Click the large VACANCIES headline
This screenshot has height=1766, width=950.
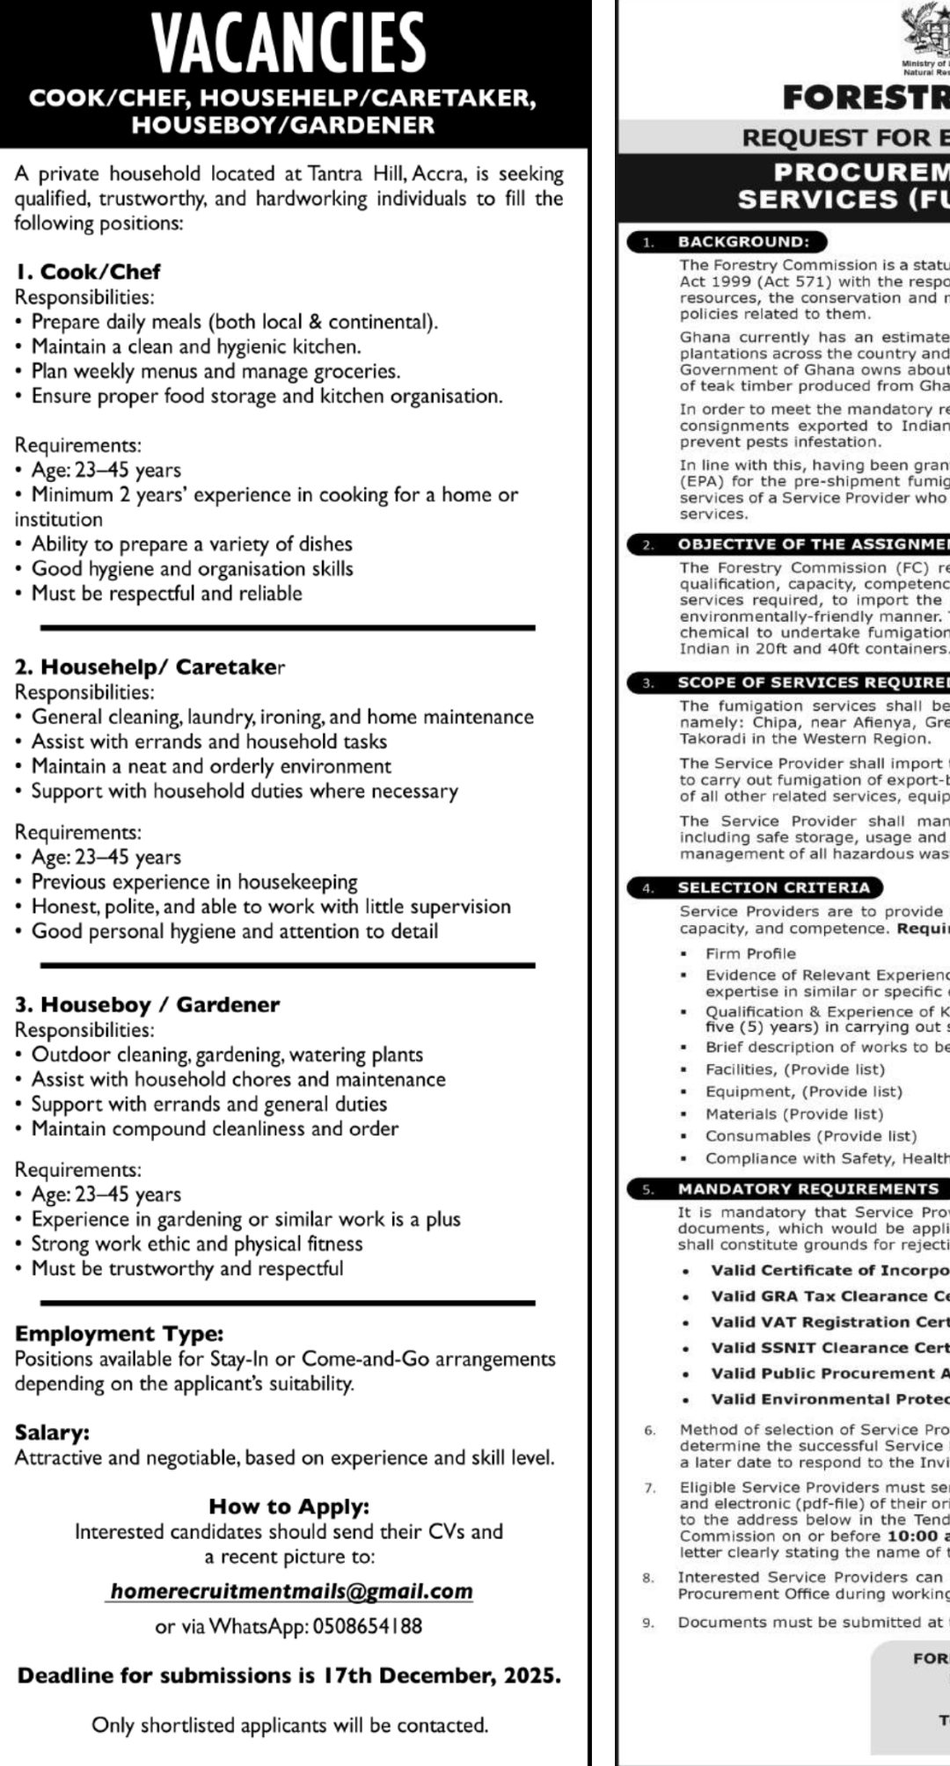coord(289,44)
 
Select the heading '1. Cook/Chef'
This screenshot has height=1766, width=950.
coord(88,272)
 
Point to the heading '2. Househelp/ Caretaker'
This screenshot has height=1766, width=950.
coord(150,667)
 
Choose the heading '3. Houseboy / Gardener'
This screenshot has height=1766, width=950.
coord(147,1004)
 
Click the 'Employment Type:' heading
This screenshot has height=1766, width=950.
coord(120,1334)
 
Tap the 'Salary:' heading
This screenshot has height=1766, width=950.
coord(52,1433)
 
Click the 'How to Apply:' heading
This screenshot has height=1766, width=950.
coord(289,1507)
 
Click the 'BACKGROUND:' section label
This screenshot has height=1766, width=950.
coord(742,242)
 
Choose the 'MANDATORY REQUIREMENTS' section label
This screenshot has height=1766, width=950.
coord(807,1189)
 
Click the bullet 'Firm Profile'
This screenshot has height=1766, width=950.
coord(750,953)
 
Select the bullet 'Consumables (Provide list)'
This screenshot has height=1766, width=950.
coord(810,1136)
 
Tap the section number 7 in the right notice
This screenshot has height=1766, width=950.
coord(650,1488)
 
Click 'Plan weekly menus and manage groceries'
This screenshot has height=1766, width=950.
coord(216,371)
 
